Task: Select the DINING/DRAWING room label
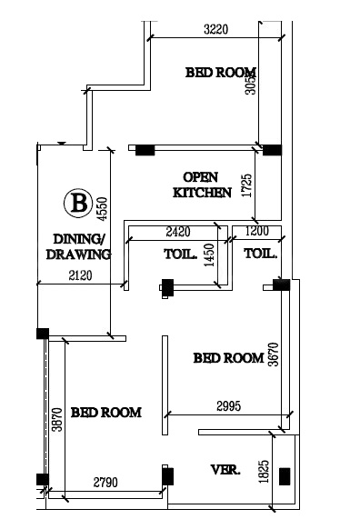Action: [x=77, y=247]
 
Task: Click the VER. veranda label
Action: [x=225, y=470]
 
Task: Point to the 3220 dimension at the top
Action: [x=215, y=29]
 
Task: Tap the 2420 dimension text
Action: [x=178, y=233]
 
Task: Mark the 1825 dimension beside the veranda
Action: [x=264, y=473]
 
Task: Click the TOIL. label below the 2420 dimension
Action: [x=180, y=254]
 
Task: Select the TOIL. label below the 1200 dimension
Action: [x=260, y=254]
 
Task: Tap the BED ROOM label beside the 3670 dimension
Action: [x=228, y=358]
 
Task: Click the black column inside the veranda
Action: [x=285, y=475]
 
